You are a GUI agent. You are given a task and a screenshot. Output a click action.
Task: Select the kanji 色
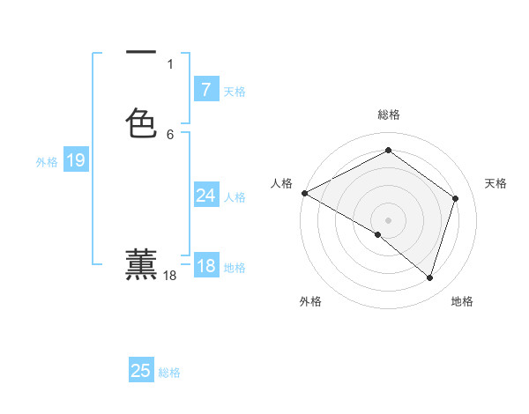(141, 122)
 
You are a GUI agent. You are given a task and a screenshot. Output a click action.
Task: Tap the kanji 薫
(141, 264)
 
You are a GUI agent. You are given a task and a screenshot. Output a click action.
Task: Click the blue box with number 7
(205, 90)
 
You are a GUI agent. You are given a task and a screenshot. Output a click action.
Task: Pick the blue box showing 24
(205, 196)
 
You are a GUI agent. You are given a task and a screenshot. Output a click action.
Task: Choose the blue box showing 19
(75, 160)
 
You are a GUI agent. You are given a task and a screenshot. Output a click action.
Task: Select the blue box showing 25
(141, 371)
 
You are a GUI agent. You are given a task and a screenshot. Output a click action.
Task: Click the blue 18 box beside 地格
(205, 266)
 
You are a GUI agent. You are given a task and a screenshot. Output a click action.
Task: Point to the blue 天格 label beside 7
(235, 92)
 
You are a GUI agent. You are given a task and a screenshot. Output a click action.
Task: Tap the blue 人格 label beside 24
(235, 197)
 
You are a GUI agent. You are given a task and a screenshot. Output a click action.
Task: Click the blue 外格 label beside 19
(47, 162)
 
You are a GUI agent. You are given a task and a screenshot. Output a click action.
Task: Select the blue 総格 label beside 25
(169, 373)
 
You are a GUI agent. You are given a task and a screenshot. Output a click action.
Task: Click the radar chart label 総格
(388, 115)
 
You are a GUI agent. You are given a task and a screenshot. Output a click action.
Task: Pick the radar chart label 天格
(495, 183)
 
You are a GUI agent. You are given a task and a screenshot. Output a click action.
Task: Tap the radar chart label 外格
(310, 302)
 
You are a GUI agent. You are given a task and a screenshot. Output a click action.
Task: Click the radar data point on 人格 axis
(304, 193)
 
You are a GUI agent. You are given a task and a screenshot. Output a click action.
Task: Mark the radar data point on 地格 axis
(430, 278)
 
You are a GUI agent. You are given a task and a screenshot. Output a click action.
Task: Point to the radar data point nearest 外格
(378, 234)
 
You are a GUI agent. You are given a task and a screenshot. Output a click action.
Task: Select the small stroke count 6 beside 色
(170, 134)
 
